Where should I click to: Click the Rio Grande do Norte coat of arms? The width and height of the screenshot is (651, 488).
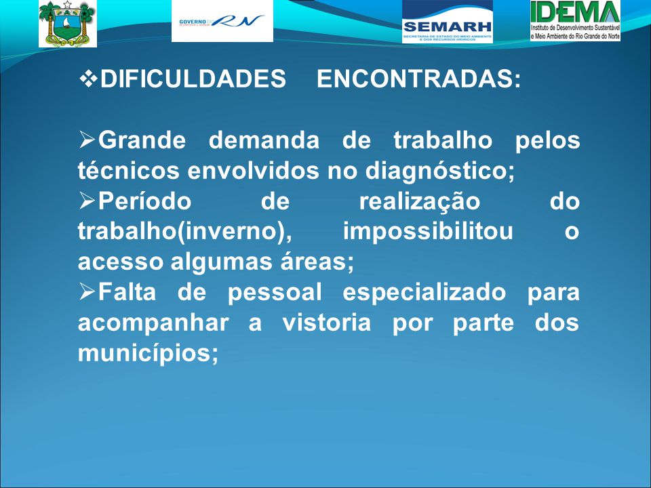tap(67, 23)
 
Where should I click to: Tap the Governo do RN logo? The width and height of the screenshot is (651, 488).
tap(222, 21)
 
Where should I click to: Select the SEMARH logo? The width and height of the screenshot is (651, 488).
tap(447, 22)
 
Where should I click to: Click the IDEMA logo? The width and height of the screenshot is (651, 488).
tap(575, 21)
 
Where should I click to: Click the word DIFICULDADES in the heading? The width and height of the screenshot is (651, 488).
tap(193, 79)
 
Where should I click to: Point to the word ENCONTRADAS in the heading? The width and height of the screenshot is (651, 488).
tap(418, 79)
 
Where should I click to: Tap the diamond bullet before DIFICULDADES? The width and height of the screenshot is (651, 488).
tap(88, 78)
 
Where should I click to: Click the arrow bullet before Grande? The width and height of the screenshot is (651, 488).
tap(87, 140)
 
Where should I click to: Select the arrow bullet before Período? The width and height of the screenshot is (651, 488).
tap(87, 201)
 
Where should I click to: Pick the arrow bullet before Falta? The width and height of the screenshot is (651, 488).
tap(87, 292)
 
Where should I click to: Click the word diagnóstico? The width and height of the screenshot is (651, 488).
tap(439, 171)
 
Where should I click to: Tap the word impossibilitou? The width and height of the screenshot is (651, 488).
tap(428, 231)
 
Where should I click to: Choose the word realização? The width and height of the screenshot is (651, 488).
tap(419, 202)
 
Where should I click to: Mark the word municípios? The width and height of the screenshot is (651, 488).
tap(148, 354)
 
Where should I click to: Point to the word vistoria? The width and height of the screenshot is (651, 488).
tap(327, 323)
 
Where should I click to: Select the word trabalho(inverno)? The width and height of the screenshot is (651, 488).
tap(184, 232)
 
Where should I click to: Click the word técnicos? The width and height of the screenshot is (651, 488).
tap(129, 170)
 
